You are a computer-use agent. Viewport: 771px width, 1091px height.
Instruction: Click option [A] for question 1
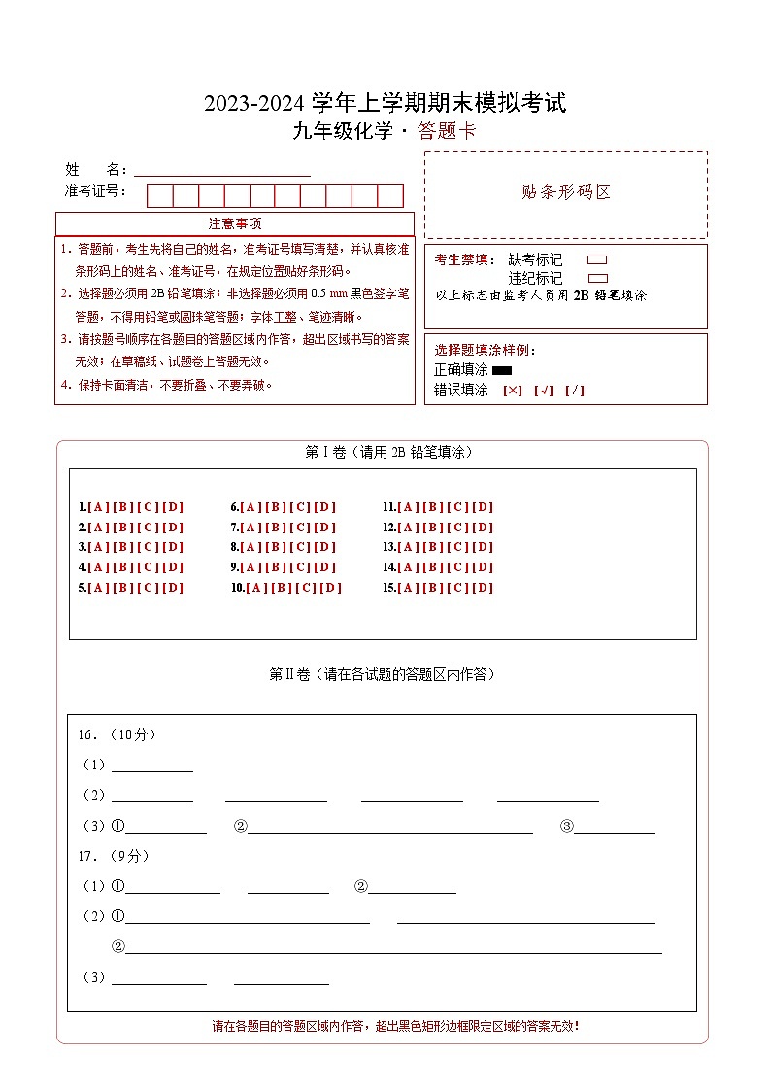[x=97, y=507]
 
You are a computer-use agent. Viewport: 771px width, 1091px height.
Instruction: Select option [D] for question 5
[x=173, y=588]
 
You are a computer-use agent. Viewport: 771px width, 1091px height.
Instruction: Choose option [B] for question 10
[x=282, y=588]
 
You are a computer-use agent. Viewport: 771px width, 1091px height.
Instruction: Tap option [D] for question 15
[x=484, y=588]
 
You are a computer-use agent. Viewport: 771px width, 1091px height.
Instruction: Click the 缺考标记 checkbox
[x=597, y=260]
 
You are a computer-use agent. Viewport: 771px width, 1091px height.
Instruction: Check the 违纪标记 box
[x=597, y=278]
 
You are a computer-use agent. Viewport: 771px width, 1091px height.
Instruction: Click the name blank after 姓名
[x=221, y=170]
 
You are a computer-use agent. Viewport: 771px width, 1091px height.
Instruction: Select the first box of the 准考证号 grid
[x=159, y=195]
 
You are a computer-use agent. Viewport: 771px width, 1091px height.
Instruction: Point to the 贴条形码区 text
[x=566, y=192]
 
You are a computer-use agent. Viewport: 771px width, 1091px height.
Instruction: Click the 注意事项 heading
[x=234, y=224]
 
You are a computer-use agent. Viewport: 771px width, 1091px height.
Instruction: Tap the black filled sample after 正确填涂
[x=502, y=370]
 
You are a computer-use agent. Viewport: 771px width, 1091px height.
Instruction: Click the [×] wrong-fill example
[x=512, y=391]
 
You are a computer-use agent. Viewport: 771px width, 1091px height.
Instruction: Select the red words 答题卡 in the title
[x=447, y=132]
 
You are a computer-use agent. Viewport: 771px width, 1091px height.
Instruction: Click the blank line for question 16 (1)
[x=152, y=766]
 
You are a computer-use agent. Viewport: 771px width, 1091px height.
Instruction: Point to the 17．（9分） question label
[x=114, y=856]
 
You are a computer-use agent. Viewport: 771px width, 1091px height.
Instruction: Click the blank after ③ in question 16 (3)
[x=614, y=827]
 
